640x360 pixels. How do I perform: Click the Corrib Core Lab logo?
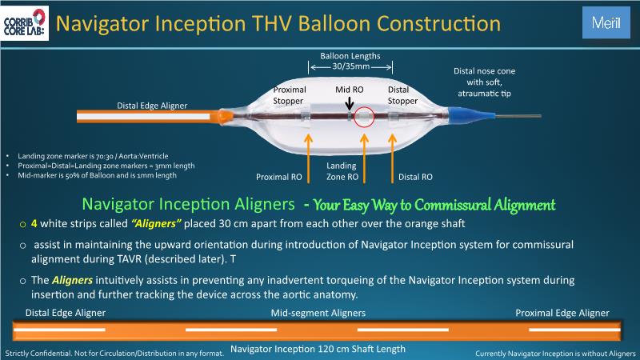pyautogui.click(x=26, y=22)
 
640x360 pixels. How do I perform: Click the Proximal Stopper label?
pyautogui.click(x=289, y=95)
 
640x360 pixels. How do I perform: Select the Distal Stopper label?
pyautogui.click(x=402, y=95)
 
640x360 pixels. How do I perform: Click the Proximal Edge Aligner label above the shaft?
pyautogui.click(x=562, y=313)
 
